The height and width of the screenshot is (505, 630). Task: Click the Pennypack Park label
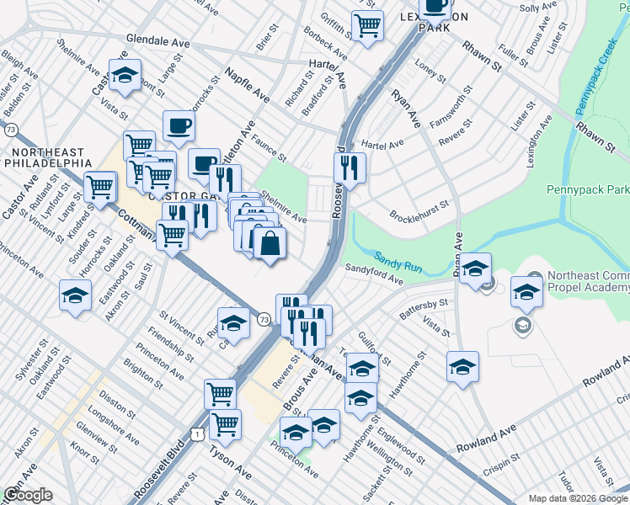[x=586, y=190]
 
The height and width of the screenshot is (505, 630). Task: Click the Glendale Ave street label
[x=158, y=40]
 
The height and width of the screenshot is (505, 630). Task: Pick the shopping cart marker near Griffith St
[x=367, y=26]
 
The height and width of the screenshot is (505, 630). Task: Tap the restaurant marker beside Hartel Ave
[x=350, y=167]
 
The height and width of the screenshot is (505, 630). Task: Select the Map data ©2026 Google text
[x=578, y=498]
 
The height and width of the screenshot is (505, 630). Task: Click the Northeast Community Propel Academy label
[x=588, y=282]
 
